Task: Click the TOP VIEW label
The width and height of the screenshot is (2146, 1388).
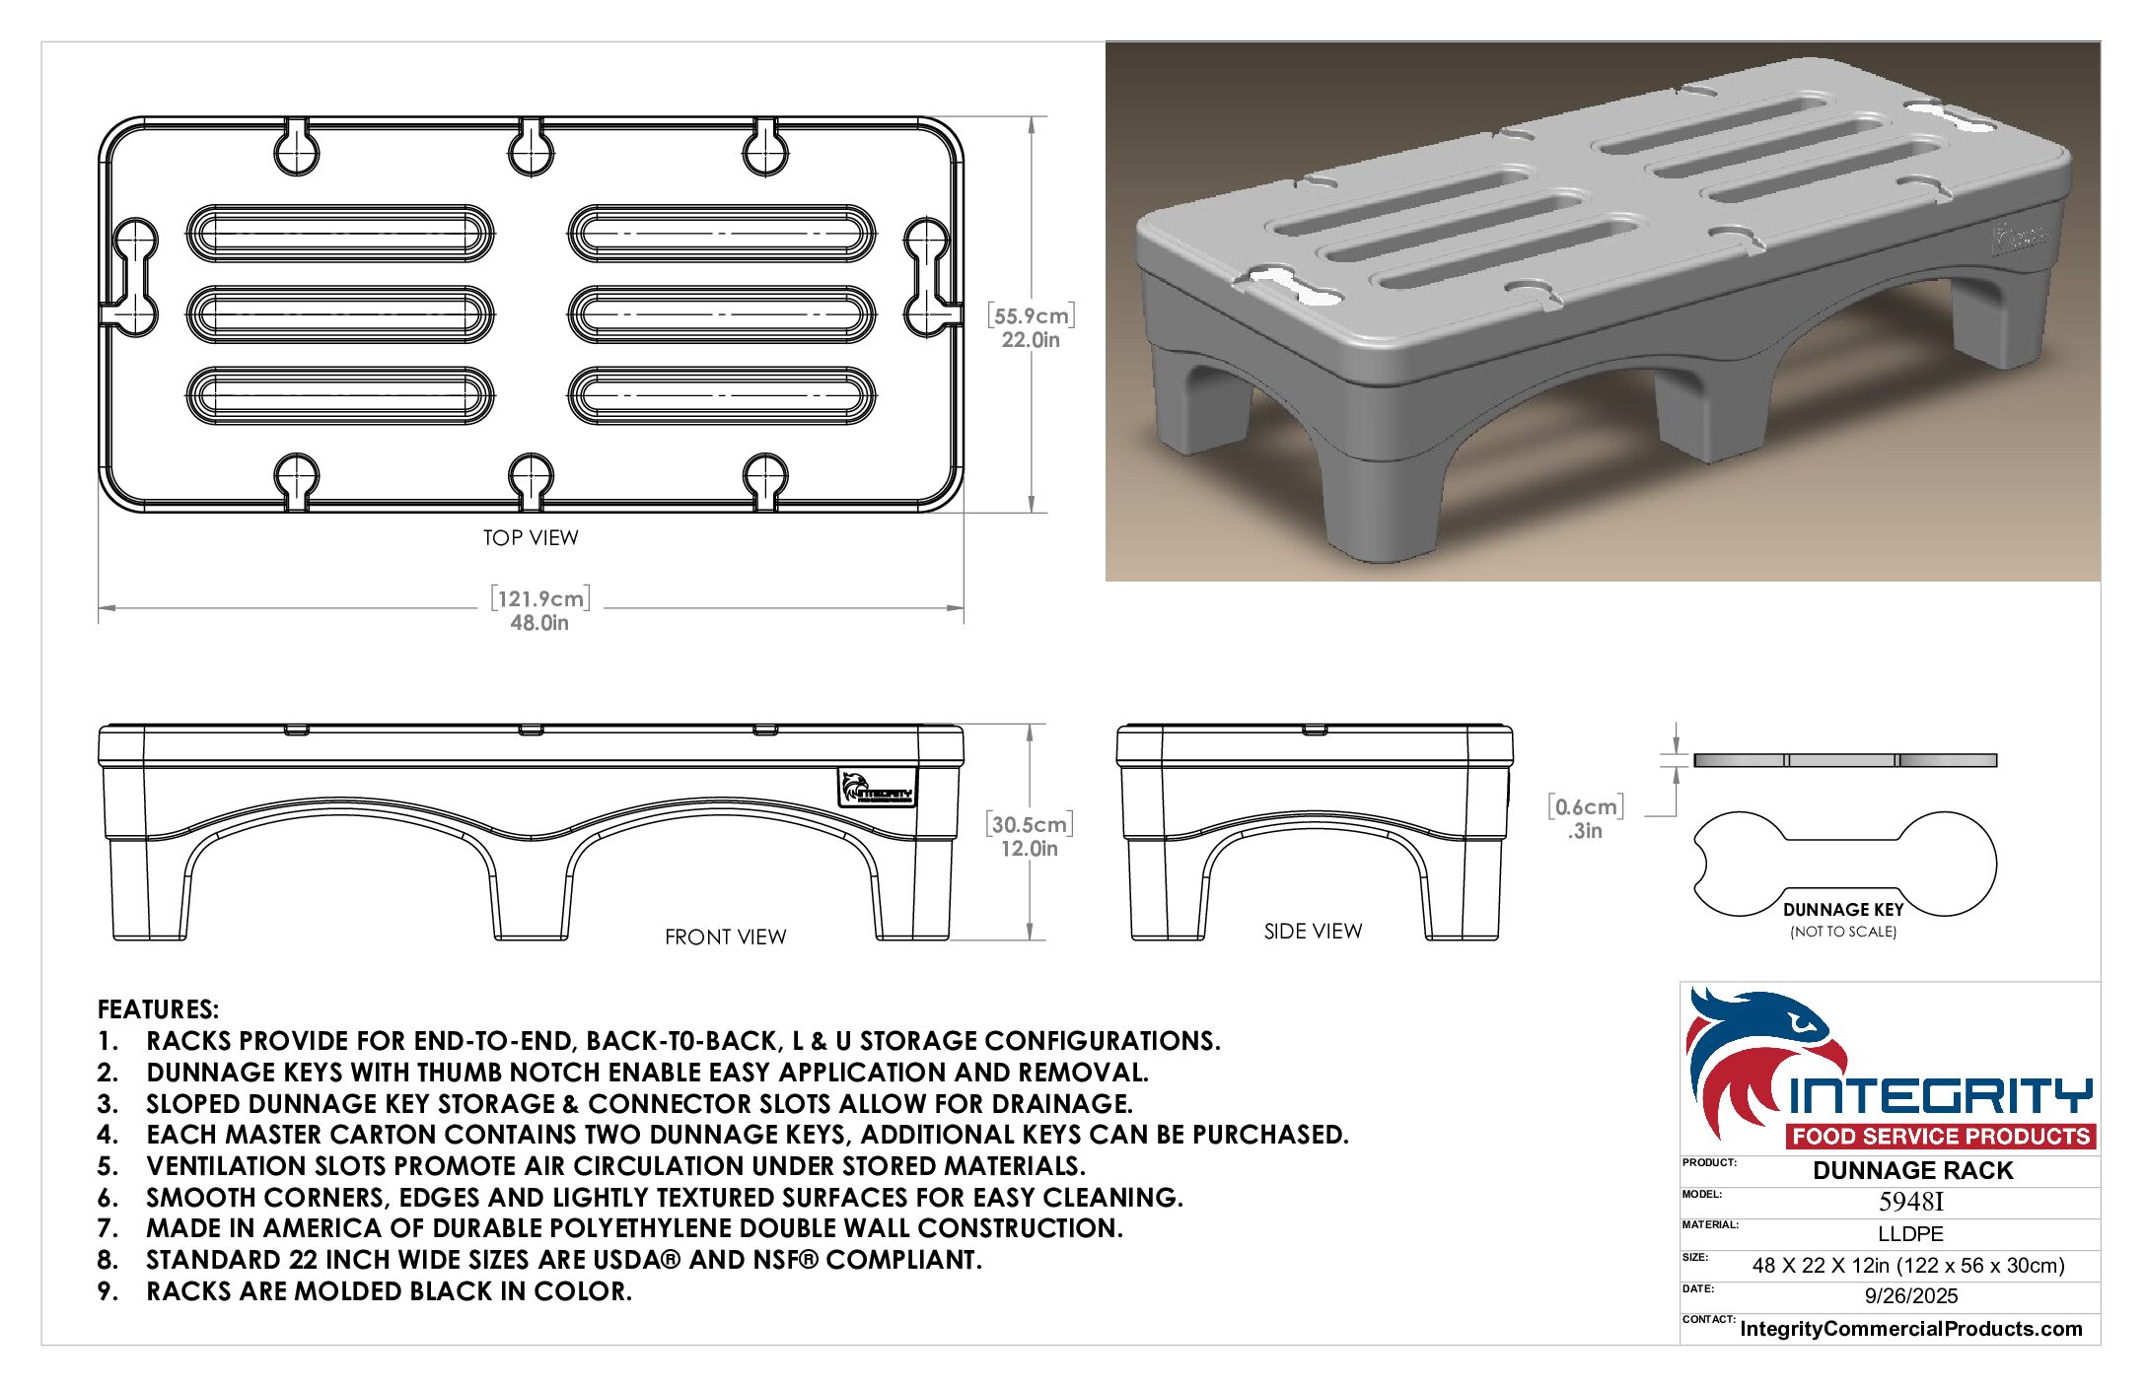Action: click(531, 537)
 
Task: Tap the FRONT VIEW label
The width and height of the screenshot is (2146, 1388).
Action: click(726, 937)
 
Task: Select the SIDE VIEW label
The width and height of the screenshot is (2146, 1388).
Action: click(1314, 931)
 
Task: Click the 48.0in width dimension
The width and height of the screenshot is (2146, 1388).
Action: click(539, 623)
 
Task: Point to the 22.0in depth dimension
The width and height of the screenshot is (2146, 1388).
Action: click(1031, 340)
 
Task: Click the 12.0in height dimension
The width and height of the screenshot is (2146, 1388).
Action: click(1030, 849)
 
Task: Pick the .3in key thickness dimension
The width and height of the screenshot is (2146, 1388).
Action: click(1585, 831)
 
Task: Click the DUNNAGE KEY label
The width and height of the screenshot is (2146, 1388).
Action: click(1843, 910)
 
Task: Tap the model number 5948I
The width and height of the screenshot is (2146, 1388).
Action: click(1911, 1202)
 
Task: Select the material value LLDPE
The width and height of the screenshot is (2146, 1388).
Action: click(1910, 1233)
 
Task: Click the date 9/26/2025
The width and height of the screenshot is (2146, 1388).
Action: click(1911, 1296)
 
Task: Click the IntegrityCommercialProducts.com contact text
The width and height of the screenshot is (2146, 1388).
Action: click(1911, 1329)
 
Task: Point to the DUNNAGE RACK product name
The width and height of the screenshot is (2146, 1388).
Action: click(1913, 1170)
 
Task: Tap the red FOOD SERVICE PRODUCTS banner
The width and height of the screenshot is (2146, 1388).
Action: click(1941, 1136)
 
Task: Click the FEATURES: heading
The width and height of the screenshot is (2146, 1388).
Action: click(158, 1009)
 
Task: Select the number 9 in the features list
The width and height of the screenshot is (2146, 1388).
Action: click(107, 1291)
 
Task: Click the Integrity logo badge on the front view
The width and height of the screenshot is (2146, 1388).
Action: click(878, 788)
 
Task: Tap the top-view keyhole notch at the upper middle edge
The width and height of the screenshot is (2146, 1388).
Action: click(531, 148)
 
